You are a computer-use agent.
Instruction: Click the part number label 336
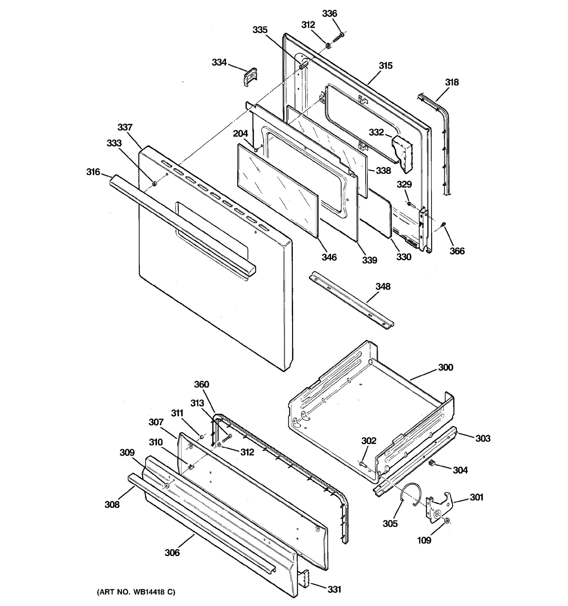[329, 14]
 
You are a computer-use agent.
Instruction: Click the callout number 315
[385, 66]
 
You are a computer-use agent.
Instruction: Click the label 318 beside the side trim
[452, 82]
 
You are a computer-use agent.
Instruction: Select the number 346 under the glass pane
[329, 257]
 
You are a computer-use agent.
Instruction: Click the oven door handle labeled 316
[183, 225]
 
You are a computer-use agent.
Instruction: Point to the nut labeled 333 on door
[154, 183]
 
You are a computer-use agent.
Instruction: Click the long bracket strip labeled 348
[350, 300]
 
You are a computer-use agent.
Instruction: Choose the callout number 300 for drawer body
[446, 367]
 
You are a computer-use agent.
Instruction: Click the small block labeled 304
[431, 463]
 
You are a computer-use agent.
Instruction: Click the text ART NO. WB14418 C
[136, 592]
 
